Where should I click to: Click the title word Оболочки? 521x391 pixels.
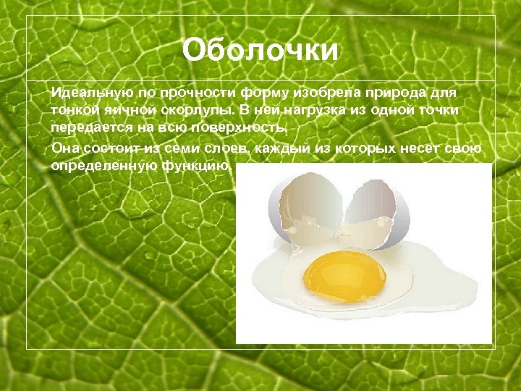pyautogui.click(x=260, y=51)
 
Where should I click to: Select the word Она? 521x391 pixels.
pyautogui.click(x=64, y=148)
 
